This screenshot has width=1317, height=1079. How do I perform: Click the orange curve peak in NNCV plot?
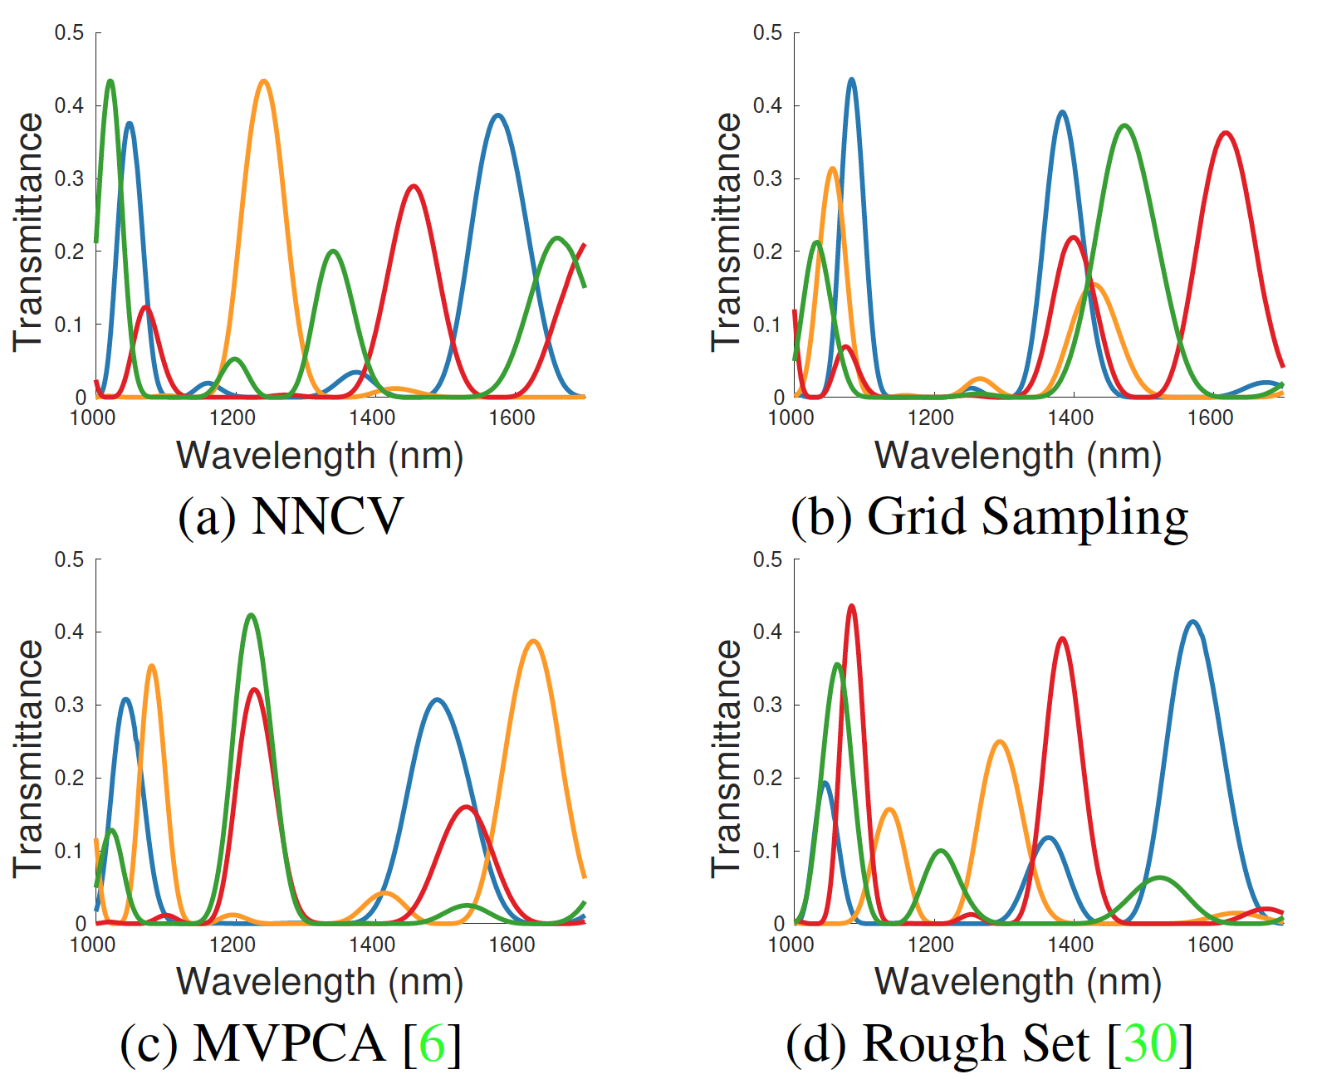263,81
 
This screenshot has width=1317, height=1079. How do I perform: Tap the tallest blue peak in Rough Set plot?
1193,622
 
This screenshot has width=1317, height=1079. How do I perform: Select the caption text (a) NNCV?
290,516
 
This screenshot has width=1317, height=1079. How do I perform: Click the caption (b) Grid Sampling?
989,516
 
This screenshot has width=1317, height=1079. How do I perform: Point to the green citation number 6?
432,1043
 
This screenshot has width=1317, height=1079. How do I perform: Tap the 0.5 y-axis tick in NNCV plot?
70,32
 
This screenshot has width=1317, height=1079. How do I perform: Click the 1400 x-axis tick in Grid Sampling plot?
1070,417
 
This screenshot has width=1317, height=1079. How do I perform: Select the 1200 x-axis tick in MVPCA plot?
233,944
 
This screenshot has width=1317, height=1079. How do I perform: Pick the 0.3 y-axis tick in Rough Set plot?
768,705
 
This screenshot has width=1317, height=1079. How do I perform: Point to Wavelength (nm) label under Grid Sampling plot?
1018,456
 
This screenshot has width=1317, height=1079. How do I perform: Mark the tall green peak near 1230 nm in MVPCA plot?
251,616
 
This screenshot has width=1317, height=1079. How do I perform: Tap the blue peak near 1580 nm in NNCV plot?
497,115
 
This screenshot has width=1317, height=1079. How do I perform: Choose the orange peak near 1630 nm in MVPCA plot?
533,641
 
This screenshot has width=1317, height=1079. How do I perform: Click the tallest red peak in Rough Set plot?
851,607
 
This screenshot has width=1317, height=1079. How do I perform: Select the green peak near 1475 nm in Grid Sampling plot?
1124,126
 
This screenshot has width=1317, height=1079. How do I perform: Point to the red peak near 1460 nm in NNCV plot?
414,186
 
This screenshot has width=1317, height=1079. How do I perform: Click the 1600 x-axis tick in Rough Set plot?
1210,944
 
